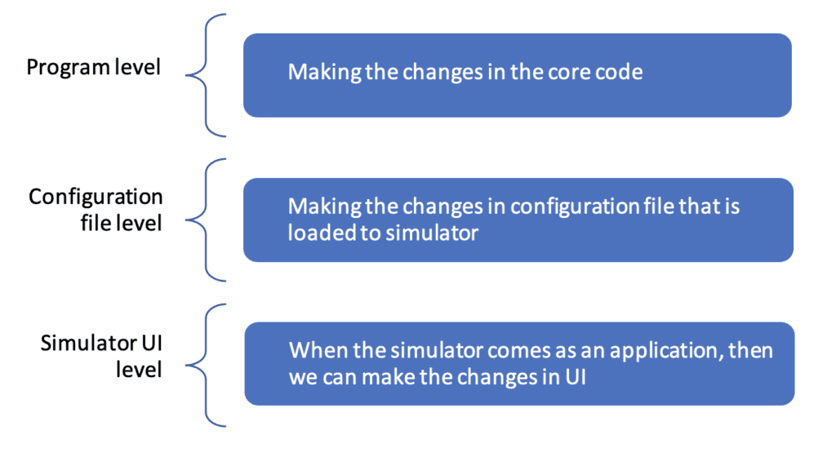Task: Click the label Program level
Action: [93, 68]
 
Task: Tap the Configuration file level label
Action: [96, 210]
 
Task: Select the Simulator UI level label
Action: [101, 357]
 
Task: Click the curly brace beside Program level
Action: [206, 76]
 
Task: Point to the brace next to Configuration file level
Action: [206, 220]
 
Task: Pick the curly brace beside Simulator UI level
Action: [206, 366]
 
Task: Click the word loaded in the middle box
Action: [317, 233]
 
